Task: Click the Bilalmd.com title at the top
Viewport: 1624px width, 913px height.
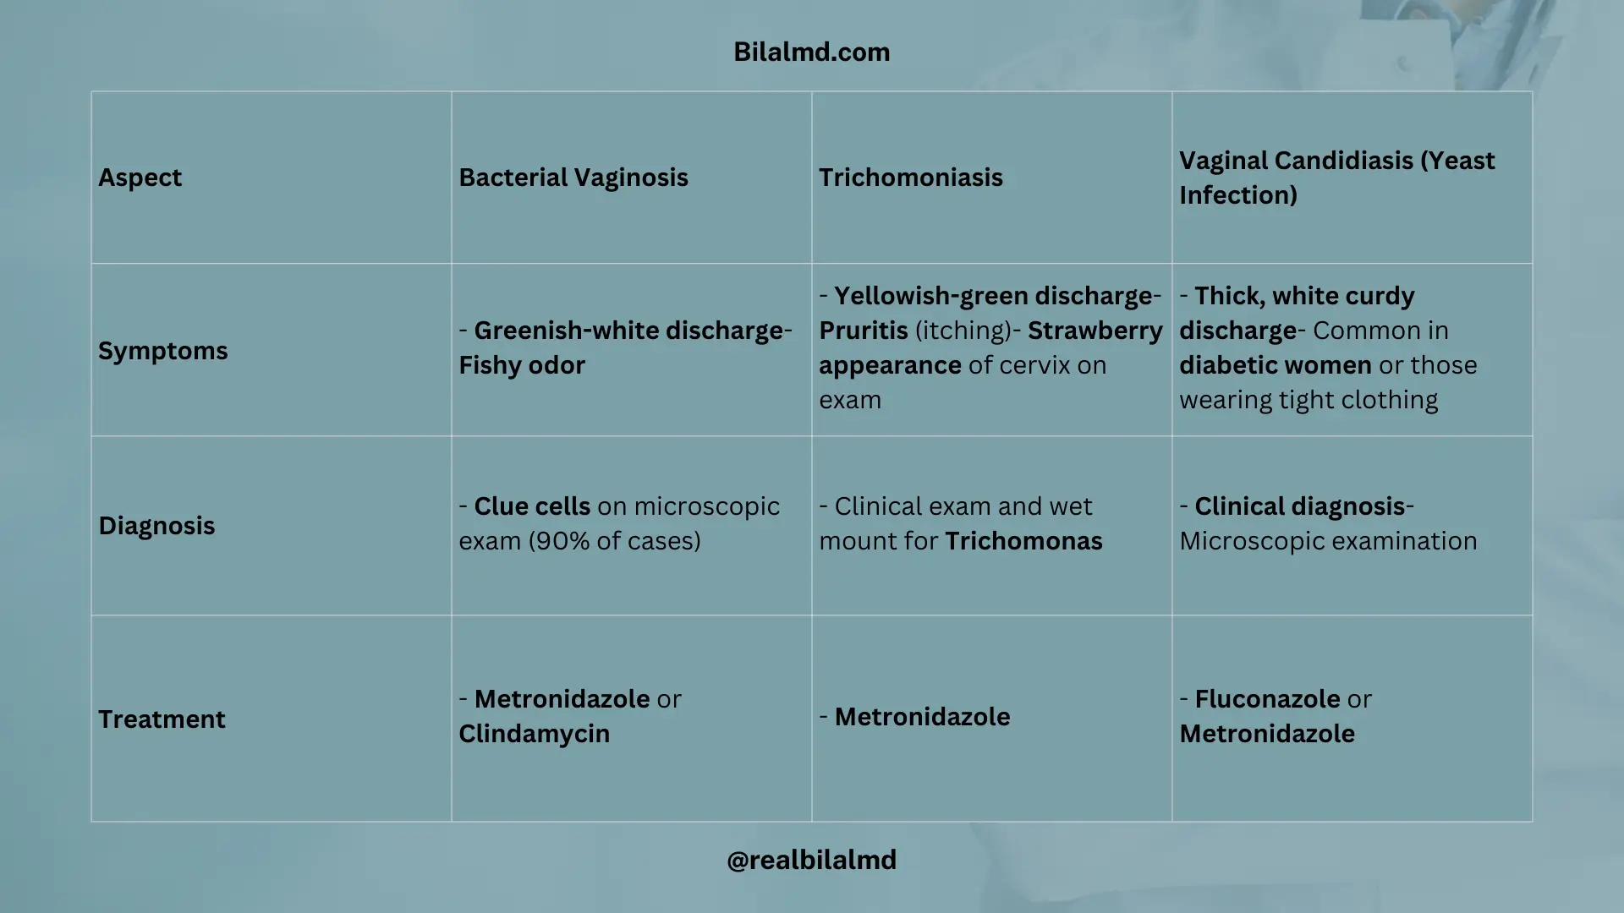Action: pos(812,52)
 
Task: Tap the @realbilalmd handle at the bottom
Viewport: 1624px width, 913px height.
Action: pos(812,860)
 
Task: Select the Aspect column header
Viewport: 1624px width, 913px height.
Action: pos(140,178)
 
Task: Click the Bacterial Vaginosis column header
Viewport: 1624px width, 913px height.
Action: pos(573,178)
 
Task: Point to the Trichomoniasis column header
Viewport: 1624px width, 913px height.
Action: pos(911,178)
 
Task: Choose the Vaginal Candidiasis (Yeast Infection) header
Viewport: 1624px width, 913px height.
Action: pos(1337,178)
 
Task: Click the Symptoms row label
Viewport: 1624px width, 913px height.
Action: pos(163,351)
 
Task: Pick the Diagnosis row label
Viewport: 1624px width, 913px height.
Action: pos(156,526)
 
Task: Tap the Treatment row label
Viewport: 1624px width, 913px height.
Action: pos(162,719)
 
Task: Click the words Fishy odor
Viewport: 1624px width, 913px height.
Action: pos(522,365)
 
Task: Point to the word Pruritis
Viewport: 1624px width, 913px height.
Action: pos(864,331)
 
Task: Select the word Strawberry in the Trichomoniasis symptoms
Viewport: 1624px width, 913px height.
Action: pos(1095,331)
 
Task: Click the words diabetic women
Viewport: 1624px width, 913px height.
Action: pos(1276,365)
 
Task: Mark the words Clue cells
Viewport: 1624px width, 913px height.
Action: pos(532,506)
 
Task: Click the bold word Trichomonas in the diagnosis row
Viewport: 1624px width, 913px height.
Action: pos(1023,541)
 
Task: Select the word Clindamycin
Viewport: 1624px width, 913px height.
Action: pos(534,734)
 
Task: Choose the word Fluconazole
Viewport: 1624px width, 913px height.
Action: pos(1267,699)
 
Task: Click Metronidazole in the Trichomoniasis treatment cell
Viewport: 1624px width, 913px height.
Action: pos(922,717)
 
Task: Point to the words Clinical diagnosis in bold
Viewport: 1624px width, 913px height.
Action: pos(1300,506)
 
